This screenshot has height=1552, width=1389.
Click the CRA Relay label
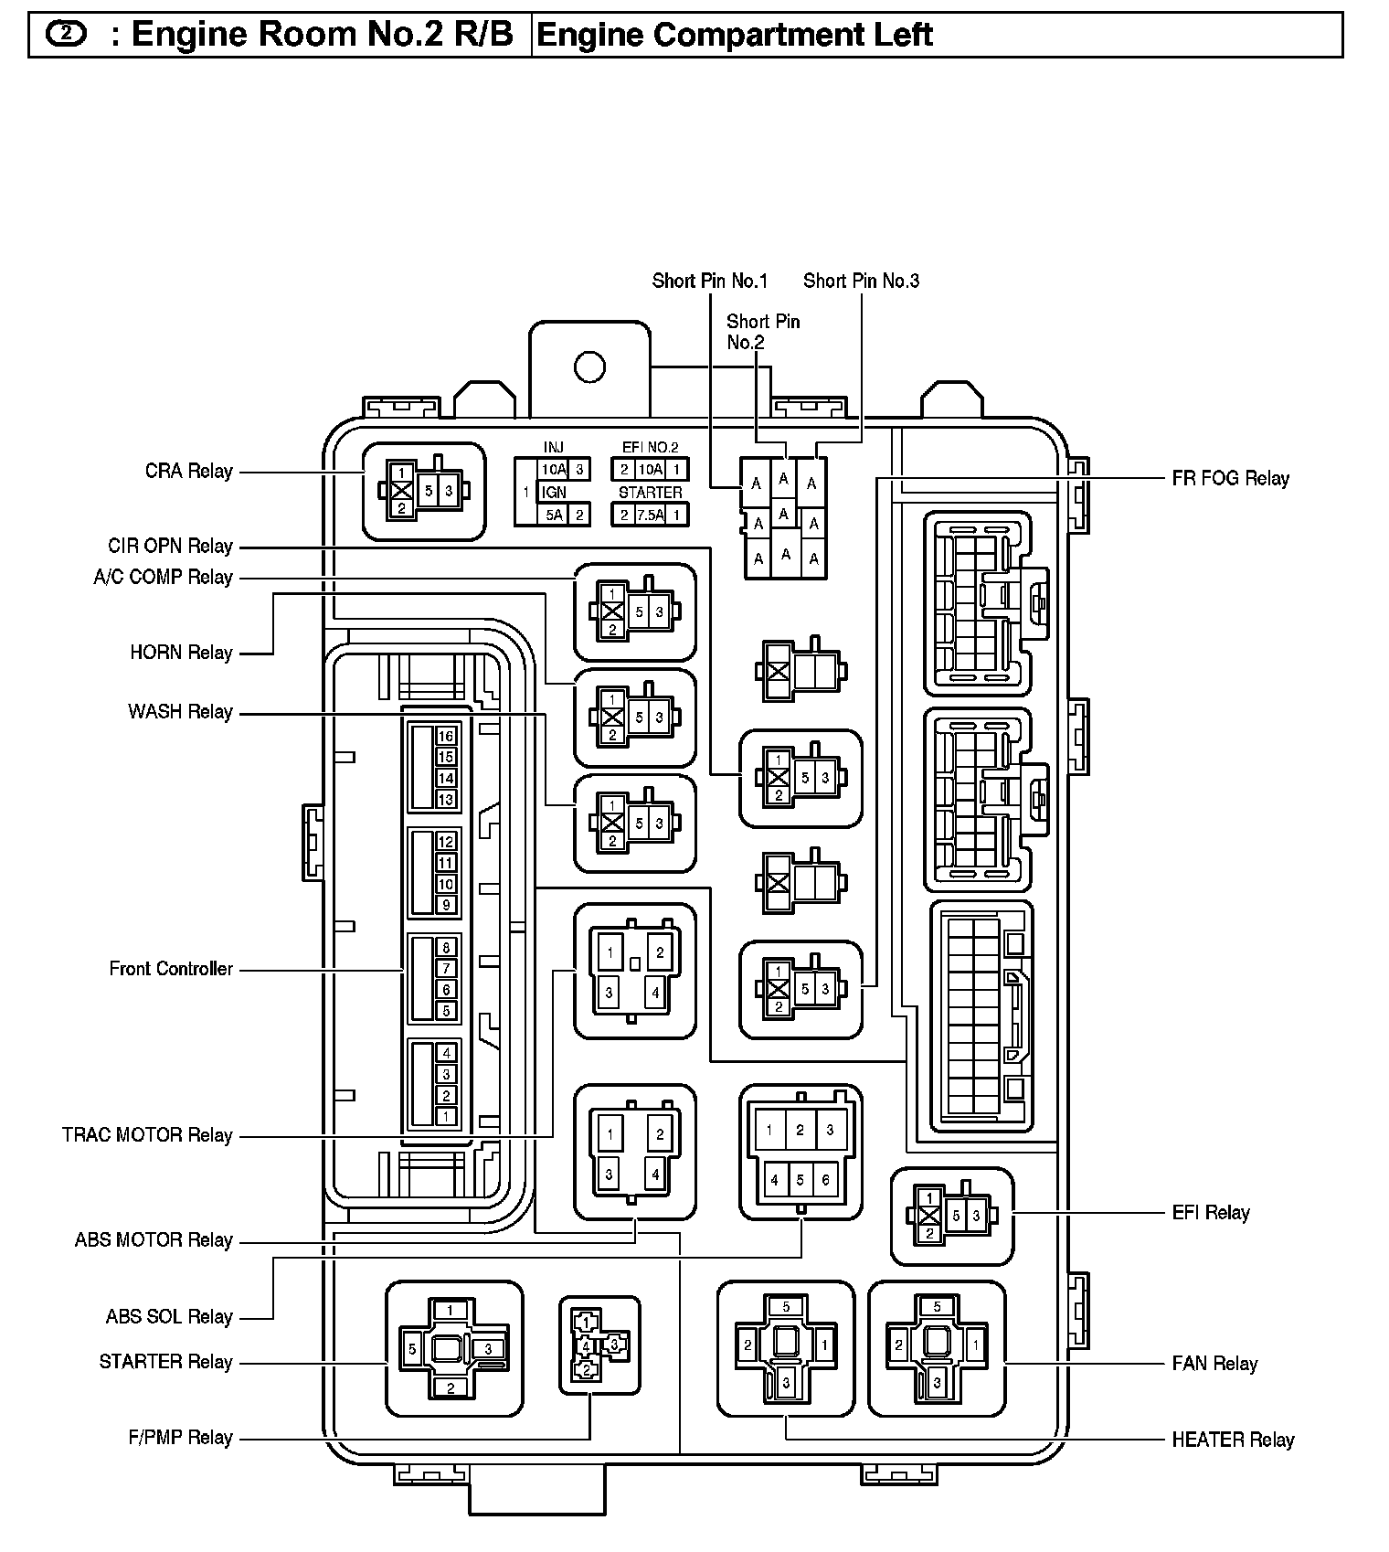point(188,472)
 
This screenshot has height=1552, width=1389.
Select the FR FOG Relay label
point(1230,478)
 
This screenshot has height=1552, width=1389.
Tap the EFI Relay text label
point(1210,1213)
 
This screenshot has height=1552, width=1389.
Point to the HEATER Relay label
point(1233,1440)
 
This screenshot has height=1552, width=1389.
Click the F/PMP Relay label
point(180,1438)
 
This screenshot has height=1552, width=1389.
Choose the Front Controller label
point(171,969)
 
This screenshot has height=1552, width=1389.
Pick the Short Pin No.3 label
point(861,281)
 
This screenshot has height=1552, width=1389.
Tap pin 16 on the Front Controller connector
point(446,737)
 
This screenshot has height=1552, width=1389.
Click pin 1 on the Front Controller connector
point(446,1116)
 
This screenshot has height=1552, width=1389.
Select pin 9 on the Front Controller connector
point(446,905)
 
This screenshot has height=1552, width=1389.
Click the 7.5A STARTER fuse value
point(650,515)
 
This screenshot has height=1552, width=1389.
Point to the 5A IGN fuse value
point(554,515)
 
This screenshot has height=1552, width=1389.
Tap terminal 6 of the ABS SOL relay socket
point(825,1180)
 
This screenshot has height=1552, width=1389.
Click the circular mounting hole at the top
point(589,367)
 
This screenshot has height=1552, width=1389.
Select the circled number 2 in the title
point(66,34)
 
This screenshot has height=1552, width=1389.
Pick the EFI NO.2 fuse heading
point(650,447)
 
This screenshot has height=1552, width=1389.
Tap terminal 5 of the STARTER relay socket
point(413,1349)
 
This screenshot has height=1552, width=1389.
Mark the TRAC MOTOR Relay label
point(147,1135)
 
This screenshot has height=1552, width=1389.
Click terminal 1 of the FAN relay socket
point(976,1345)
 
